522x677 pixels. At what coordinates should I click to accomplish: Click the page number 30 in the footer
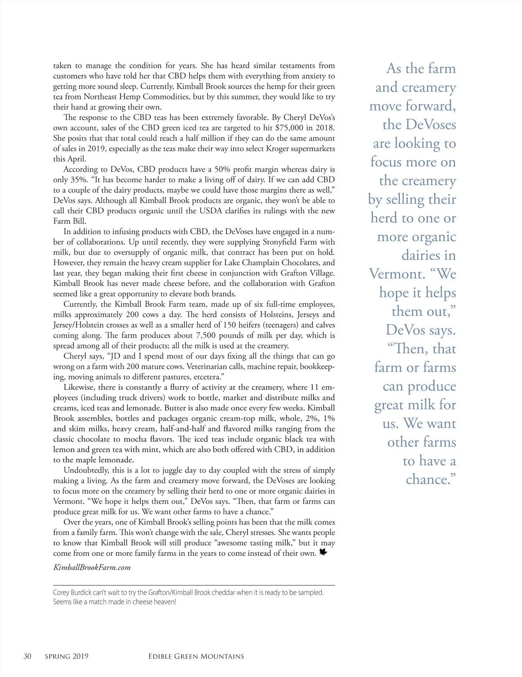tap(27, 656)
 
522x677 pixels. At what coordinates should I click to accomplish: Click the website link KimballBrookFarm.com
tap(92, 567)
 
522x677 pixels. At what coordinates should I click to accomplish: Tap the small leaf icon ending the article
tap(323, 552)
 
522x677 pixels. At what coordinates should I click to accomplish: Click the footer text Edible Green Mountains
tap(196, 656)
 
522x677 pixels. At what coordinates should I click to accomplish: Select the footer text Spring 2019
tap(67, 656)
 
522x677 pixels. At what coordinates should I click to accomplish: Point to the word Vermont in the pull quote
tap(397, 274)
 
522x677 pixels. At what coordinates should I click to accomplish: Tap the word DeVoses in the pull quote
tap(431, 125)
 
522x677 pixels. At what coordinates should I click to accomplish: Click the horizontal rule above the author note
tap(194, 585)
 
